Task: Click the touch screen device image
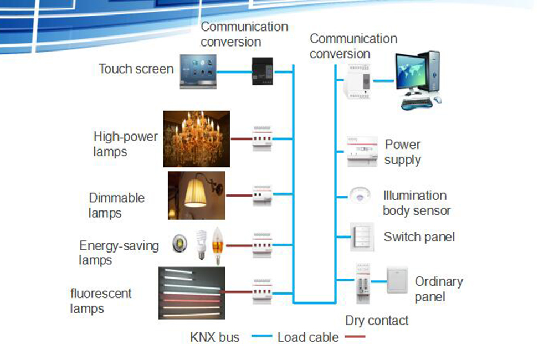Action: [198, 71]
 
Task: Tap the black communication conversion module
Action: [263, 71]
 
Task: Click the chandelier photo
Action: [196, 138]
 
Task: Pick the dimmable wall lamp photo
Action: [197, 195]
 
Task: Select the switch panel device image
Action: [361, 237]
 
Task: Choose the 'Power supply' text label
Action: [403, 152]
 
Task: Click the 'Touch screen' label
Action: [136, 69]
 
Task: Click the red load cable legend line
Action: [355, 336]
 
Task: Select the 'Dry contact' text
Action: [377, 320]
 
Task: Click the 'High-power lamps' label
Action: [125, 143]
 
